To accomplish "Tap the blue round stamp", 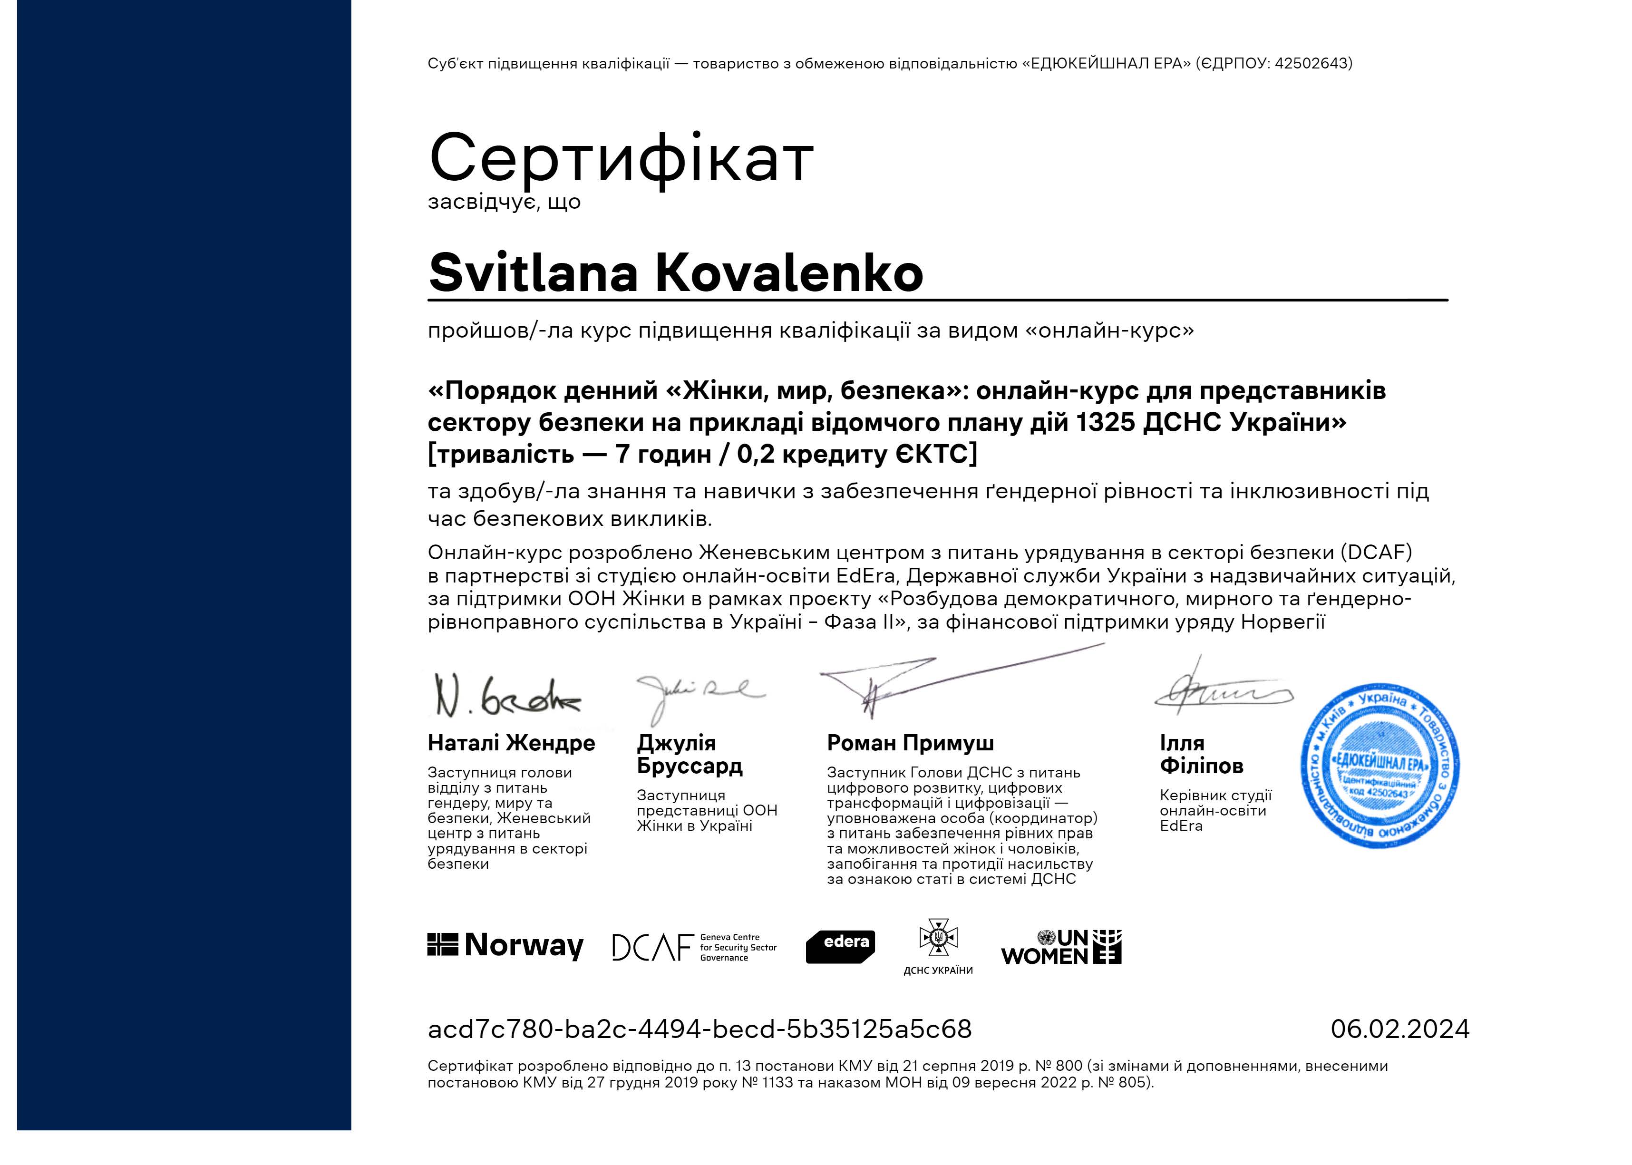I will tap(1379, 766).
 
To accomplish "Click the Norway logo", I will tap(505, 945).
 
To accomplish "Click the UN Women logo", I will tap(1060, 947).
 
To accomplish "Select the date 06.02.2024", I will tap(1399, 1029).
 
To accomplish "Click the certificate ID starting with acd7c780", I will tap(699, 1029).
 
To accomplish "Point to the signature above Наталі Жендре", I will tap(506, 696).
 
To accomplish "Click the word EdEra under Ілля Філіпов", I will tap(1181, 825).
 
